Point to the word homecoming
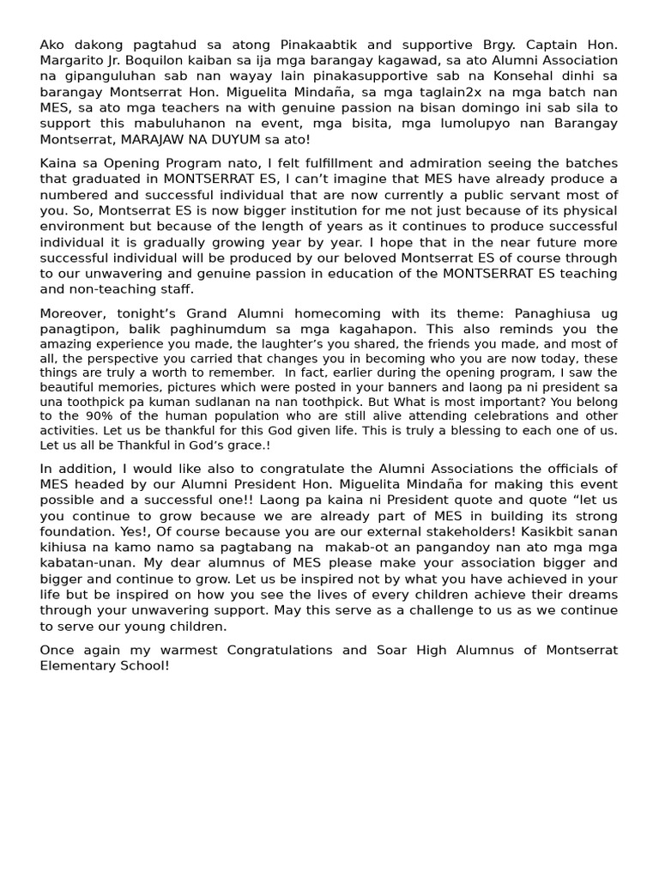311,313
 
